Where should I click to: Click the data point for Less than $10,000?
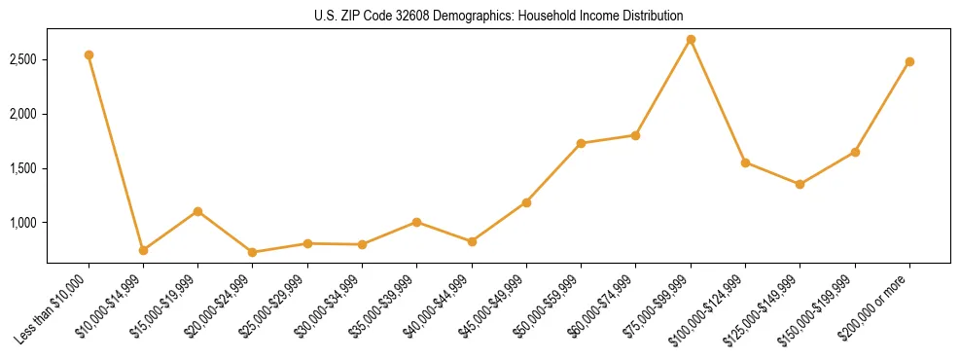tap(89, 54)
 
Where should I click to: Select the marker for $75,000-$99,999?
tap(691, 40)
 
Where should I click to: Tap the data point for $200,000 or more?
tap(909, 61)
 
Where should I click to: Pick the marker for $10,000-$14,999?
tap(143, 250)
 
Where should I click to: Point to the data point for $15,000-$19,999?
tap(197, 211)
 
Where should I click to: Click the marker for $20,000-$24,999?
tap(253, 252)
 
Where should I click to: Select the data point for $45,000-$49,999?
tap(526, 202)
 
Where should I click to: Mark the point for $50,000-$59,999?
tap(581, 143)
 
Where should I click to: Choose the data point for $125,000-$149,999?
tap(800, 184)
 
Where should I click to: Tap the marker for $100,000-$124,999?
tap(745, 162)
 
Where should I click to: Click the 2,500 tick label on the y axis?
tap(23, 59)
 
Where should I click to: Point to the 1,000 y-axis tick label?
tap(23, 223)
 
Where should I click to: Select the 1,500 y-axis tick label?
tap(23, 168)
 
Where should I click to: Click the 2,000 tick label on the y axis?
tap(23, 114)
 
